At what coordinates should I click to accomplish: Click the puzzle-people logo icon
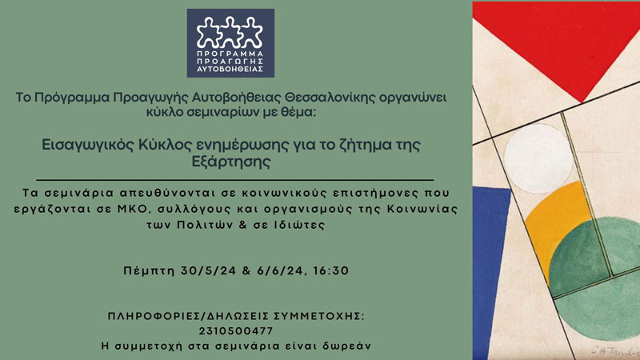tap(230, 32)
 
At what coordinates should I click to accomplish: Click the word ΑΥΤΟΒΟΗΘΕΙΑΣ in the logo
tap(230, 70)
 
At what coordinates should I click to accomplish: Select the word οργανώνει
tap(413, 98)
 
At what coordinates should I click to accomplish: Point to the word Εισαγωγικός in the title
tap(88, 146)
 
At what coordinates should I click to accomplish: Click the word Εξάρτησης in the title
tap(231, 162)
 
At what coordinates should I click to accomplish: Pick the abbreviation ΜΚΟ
tap(129, 209)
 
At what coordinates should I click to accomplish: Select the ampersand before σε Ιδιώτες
tap(244, 225)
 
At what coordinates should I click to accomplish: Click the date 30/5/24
tap(209, 270)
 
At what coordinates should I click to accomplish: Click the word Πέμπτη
tap(149, 271)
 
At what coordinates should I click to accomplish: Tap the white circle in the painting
tap(537, 158)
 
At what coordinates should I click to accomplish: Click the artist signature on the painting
tap(615, 350)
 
